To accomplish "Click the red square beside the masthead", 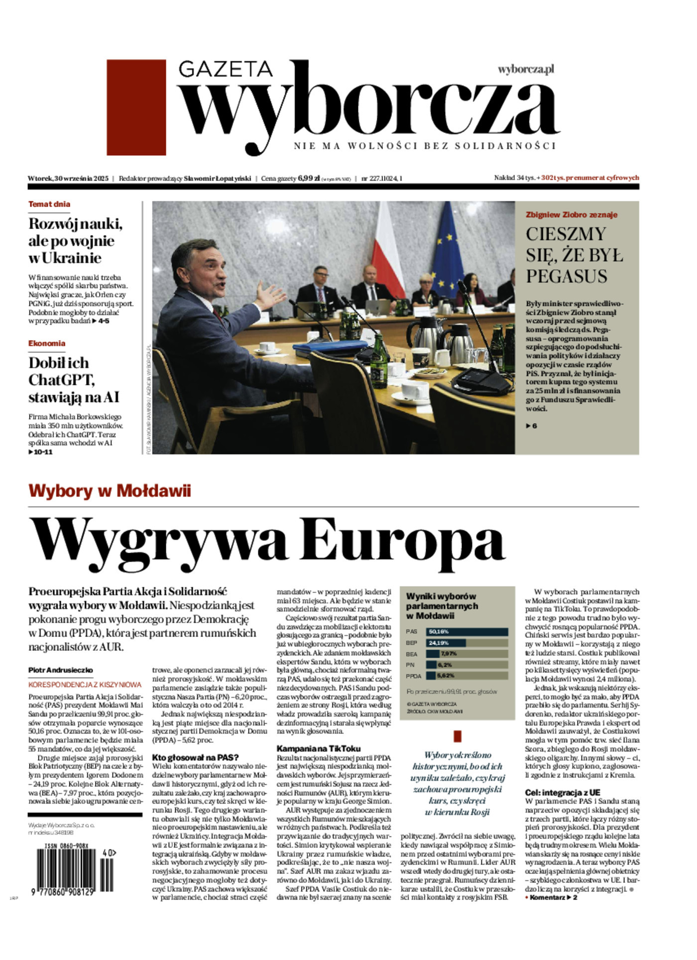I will [x=136, y=107].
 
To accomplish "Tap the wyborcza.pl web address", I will [x=526, y=69].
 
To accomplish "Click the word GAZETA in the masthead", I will [x=225, y=69].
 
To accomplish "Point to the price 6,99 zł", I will [x=309, y=178].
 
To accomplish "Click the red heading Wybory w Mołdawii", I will [x=110, y=491].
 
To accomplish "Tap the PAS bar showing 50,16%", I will [x=466, y=632].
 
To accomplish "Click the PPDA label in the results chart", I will [x=413, y=676].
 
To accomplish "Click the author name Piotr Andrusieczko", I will [x=61, y=670].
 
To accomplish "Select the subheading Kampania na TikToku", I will [x=319, y=748].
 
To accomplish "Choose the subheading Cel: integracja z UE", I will [x=563, y=793].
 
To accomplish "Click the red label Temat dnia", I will [x=49, y=204].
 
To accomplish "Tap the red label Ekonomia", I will [x=47, y=344].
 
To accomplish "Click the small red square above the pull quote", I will [x=458, y=736].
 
